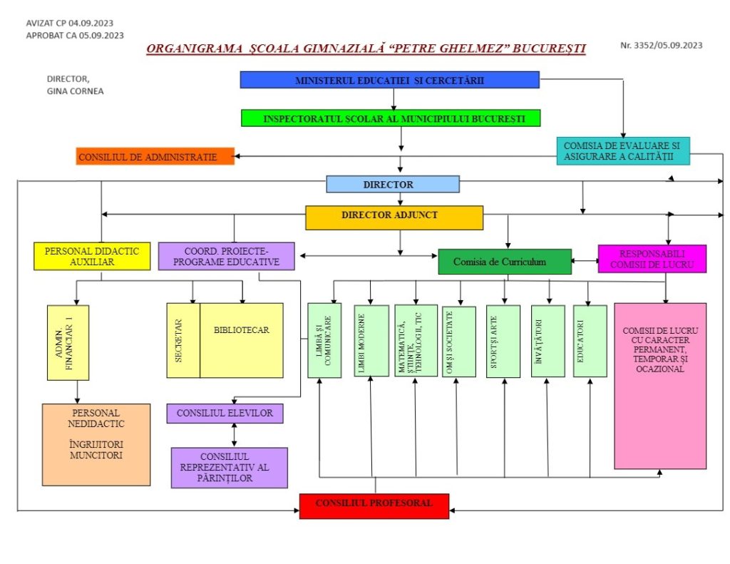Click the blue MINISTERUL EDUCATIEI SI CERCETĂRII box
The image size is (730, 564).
click(390, 80)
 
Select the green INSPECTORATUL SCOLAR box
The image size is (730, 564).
click(391, 118)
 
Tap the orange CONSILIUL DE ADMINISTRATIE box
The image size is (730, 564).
click(155, 156)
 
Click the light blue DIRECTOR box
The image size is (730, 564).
click(393, 184)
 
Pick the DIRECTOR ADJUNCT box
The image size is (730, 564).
click(394, 217)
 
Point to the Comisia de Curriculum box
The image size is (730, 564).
click(505, 262)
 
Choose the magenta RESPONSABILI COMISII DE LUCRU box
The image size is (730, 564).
click(652, 259)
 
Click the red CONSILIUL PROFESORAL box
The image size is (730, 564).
click(374, 506)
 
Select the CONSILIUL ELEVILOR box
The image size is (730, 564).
click(225, 413)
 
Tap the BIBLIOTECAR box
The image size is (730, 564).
click(242, 340)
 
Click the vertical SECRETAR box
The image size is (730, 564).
click(183, 340)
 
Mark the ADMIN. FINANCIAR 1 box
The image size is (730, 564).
click(68, 343)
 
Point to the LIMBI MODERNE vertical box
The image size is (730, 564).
click(371, 341)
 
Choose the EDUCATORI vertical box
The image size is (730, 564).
click(590, 341)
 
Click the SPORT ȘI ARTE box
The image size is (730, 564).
click(503, 342)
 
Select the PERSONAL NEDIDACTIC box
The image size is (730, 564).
click(96, 445)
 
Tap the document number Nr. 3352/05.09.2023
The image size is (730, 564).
click(661, 45)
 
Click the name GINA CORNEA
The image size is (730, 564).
click(75, 91)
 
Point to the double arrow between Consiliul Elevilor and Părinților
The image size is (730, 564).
click(234, 435)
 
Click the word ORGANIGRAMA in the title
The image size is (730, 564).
click(195, 48)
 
